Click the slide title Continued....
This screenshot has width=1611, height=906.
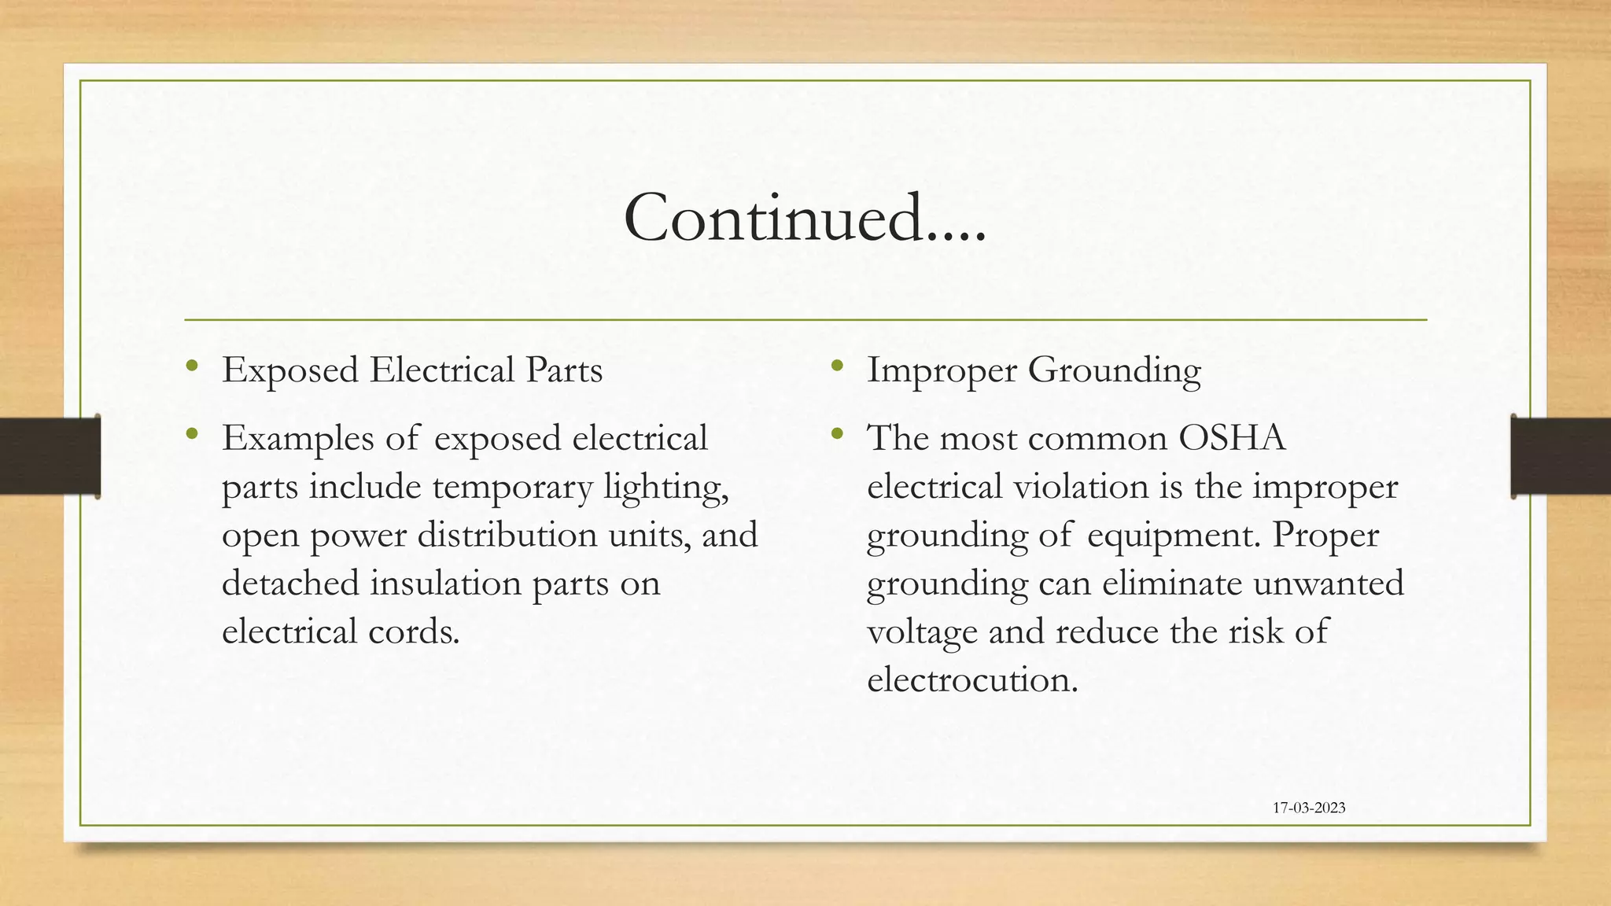pyautogui.click(x=804, y=218)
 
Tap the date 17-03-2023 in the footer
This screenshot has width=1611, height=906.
pyautogui.click(x=1309, y=808)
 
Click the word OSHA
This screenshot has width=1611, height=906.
pyautogui.click(x=1232, y=438)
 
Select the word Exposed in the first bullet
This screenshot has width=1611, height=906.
pyautogui.click(x=290, y=370)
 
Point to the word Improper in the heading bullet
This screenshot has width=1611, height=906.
pyautogui.click(x=941, y=370)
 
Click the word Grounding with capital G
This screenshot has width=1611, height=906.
pyautogui.click(x=1115, y=370)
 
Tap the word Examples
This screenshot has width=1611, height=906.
pyautogui.click(x=298, y=439)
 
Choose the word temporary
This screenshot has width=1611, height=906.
pyautogui.click(x=512, y=488)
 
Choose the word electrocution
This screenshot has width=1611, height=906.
pyautogui.click(x=972, y=679)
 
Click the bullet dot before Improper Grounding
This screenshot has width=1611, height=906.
pyautogui.click(x=836, y=366)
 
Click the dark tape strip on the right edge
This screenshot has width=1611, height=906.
pyautogui.click(x=1561, y=456)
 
